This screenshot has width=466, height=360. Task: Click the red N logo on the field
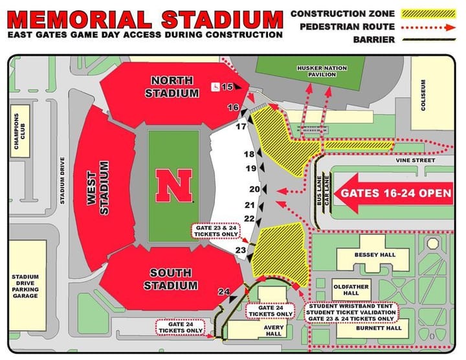[173, 186]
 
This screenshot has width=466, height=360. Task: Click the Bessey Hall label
[374, 255]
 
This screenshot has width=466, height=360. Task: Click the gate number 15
[227, 87]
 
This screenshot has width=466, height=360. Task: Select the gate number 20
[254, 189]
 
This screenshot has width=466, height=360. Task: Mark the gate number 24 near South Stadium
[224, 292]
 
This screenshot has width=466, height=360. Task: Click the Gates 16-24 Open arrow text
[396, 193]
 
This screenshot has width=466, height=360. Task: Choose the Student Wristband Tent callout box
[351, 313]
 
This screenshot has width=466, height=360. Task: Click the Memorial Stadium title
[145, 17]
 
